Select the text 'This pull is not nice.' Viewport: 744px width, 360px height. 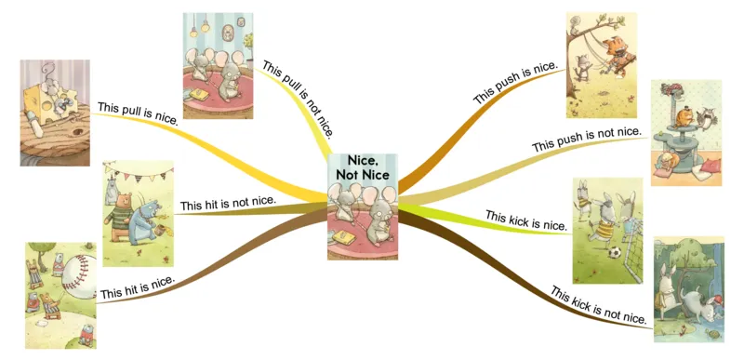[x=299, y=97]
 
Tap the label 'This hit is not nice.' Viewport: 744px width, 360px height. [x=228, y=204]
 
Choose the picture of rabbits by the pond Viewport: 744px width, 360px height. [x=689, y=287]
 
